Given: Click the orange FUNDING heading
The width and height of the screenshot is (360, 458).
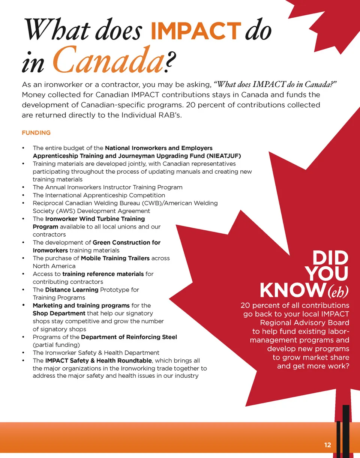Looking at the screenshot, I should point(36,133).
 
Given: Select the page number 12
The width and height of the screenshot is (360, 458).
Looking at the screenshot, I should point(327,445).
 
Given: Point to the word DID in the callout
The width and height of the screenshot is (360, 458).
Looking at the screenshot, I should point(330,258).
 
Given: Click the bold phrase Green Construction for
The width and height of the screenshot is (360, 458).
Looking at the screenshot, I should point(126,242).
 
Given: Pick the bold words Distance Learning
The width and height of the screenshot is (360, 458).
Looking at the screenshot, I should point(72,290).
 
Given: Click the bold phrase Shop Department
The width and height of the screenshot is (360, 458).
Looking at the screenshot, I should point(59,313).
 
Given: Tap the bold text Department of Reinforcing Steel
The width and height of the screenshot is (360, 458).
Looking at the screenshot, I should point(129,337).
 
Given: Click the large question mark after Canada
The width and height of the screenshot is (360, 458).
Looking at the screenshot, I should point(171,65).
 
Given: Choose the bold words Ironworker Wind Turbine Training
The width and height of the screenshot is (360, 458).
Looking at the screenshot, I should point(95,219).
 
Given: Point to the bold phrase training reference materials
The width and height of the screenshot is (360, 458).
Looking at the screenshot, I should point(103,274).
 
